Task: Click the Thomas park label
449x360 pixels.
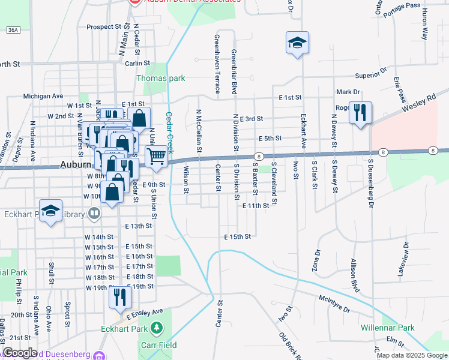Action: [x=161, y=78]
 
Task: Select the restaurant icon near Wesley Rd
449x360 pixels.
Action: [x=360, y=113]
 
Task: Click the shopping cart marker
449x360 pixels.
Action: [x=156, y=156]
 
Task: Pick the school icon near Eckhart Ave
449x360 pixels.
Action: [x=297, y=43]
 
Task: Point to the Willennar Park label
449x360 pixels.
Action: [x=388, y=328]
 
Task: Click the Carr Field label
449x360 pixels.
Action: [x=158, y=345]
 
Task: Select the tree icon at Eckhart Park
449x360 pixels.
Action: [x=157, y=328]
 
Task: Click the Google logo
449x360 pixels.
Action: [x=20, y=353]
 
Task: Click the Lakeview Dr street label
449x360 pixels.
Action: [x=403, y=259]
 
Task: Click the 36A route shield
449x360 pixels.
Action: [x=14, y=29]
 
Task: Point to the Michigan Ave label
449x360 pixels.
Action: [x=43, y=96]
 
